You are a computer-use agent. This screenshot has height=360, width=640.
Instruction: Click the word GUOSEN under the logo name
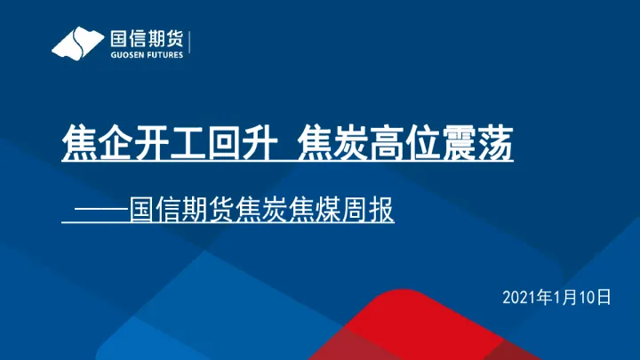click(x=126, y=54)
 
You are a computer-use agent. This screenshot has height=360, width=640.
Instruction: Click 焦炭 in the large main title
click(x=329, y=144)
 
